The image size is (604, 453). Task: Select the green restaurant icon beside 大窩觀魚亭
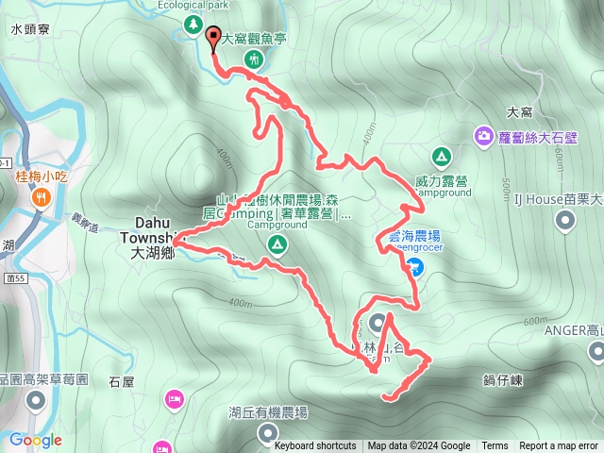(x=253, y=60)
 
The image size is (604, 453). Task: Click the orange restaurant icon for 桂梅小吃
(x=42, y=197)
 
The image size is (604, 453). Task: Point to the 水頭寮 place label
(x=29, y=30)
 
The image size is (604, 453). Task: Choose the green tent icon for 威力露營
(x=440, y=156)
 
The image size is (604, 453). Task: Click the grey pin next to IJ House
(x=565, y=221)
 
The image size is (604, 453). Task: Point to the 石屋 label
(x=122, y=382)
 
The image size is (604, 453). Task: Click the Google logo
(x=35, y=440)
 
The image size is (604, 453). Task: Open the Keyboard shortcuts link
(x=315, y=446)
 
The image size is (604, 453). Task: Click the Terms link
(x=495, y=446)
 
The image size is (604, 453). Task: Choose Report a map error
(x=560, y=446)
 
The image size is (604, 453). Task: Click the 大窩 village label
(x=520, y=111)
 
